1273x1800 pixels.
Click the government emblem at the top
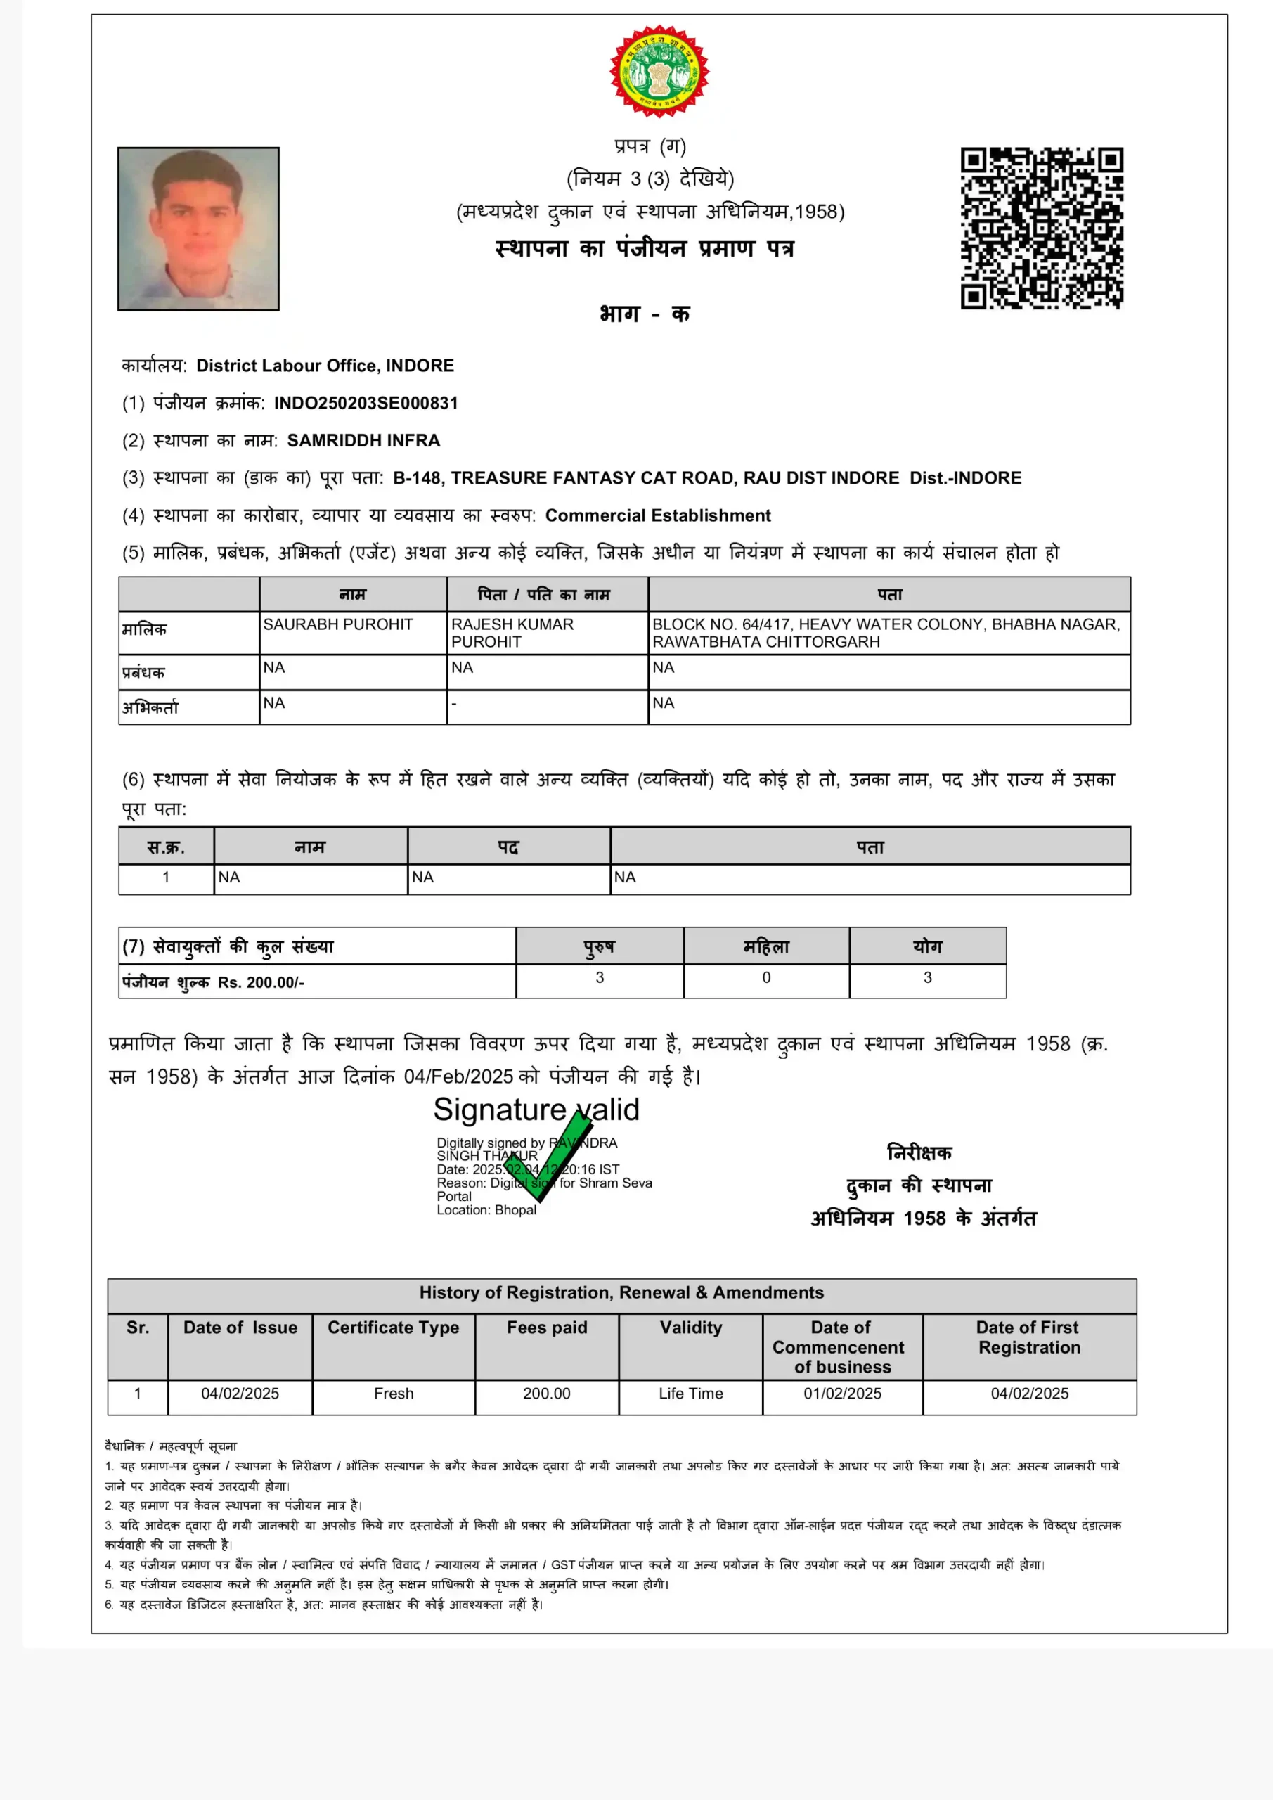(659, 71)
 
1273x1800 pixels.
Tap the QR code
(1042, 228)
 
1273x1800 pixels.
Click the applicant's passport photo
(198, 229)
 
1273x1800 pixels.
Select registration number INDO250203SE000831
(366, 403)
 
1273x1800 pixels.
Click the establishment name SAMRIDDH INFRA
(363, 441)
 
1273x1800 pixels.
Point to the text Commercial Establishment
(658, 515)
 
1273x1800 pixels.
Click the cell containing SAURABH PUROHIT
(338, 625)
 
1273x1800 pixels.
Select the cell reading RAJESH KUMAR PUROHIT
(512, 633)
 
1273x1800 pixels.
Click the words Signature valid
(536, 1110)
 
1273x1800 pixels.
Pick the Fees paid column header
(546, 1327)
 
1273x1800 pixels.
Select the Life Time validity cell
(690, 1393)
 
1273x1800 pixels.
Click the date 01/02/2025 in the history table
(842, 1393)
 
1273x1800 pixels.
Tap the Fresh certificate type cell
(394, 1393)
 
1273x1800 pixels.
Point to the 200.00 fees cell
(546, 1393)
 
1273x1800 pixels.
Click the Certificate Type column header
(394, 1327)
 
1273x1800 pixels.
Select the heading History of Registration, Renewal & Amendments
(621, 1292)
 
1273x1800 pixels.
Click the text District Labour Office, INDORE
(325, 366)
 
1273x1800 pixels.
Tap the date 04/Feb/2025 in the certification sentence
(458, 1076)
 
